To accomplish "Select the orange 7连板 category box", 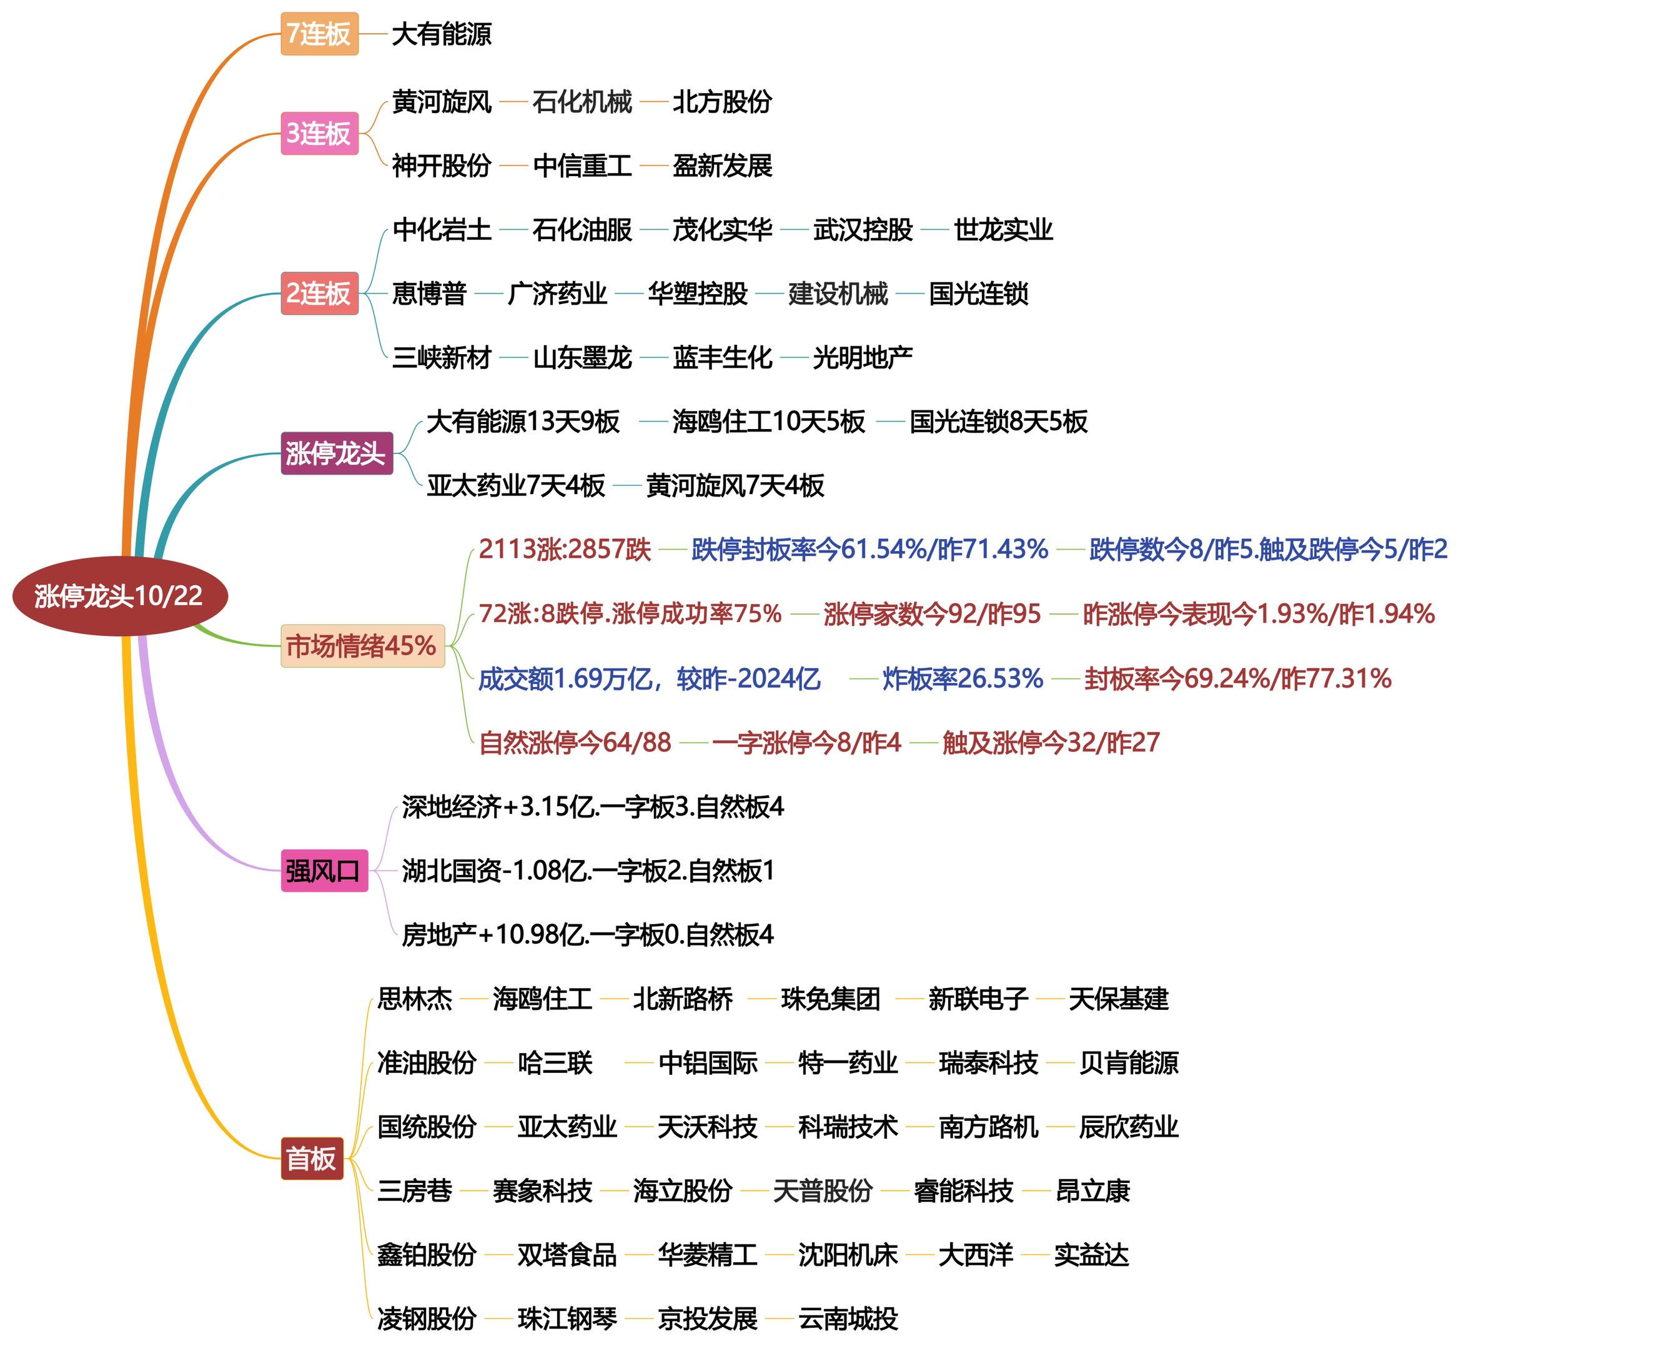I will (319, 34).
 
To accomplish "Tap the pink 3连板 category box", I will (319, 133).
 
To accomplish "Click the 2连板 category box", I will (319, 293).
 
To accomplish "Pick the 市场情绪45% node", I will (362, 646).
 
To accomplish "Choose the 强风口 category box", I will (324, 871).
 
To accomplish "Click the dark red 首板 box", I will (311, 1159).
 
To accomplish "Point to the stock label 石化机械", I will (582, 102).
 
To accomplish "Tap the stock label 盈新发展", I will (722, 166).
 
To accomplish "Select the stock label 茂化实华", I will (722, 229).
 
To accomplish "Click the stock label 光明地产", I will (862, 357).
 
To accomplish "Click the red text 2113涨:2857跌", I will (564, 550).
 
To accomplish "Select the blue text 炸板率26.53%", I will (963, 678).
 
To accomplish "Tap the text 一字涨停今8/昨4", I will (806, 742).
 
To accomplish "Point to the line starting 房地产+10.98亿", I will (588, 934).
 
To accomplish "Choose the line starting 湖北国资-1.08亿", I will (588, 871).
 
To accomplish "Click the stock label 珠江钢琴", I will (567, 1318).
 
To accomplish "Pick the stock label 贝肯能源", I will (1129, 1062).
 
